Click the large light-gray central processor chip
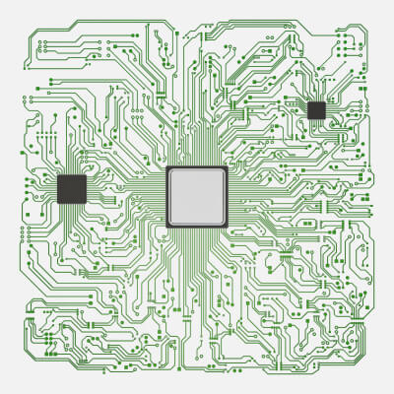tap(197, 197)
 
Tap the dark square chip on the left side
tap(72, 189)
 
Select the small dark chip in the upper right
tap(316, 110)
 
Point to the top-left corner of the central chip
tap(167, 167)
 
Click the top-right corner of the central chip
tap(227, 167)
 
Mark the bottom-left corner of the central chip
tap(167, 227)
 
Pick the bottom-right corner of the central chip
tap(227, 227)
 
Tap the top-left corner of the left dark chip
tap(58, 175)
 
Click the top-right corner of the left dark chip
tap(86, 175)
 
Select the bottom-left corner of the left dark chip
tap(58, 203)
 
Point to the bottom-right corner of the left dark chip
tap(86, 203)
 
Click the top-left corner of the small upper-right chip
tap(307, 101)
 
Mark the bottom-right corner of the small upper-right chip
tap(325, 119)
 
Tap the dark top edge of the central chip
tap(197, 167)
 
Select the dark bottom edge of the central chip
tap(197, 227)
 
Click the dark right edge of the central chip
tap(227, 197)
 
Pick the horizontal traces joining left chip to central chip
tap(126, 192)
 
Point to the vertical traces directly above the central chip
tap(197, 143)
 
